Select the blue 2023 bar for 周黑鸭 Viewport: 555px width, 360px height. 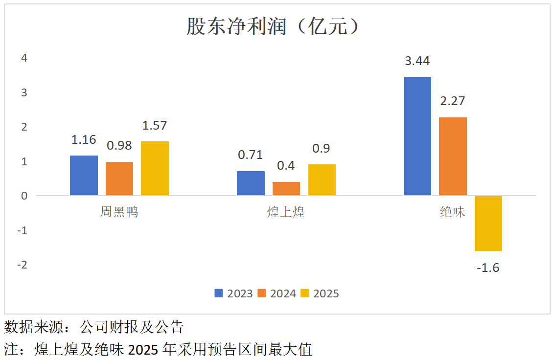(84, 176)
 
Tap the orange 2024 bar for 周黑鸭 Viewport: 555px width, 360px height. (119, 179)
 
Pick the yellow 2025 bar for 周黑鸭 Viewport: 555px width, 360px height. (155, 169)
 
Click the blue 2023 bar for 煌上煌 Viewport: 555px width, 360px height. (251, 183)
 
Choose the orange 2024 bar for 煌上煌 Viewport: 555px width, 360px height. (286, 189)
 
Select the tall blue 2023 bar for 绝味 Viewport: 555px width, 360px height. (417, 136)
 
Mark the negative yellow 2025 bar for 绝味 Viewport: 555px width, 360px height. (488, 223)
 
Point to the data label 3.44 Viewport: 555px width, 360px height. (417, 61)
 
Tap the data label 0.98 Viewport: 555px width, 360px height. (119, 145)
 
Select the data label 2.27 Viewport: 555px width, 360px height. (452, 101)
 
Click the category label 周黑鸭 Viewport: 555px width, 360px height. (119, 212)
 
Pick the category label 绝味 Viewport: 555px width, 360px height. (452, 212)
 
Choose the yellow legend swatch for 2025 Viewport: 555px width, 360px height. (305, 293)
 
